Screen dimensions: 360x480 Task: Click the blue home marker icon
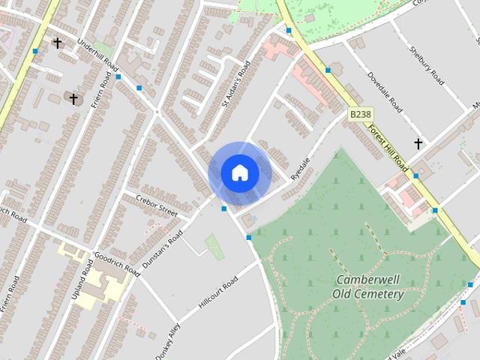click(239, 173)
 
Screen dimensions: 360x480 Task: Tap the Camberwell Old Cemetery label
click(368, 286)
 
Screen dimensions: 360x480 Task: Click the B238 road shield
click(360, 115)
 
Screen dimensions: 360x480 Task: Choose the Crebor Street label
click(157, 205)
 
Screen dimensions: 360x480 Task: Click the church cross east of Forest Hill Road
click(418, 143)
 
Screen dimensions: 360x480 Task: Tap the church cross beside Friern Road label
click(73, 98)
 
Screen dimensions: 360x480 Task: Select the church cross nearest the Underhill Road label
click(57, 43)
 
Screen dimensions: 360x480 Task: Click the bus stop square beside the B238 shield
click(328, 70)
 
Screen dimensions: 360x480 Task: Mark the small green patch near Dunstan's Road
click(214, 246)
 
